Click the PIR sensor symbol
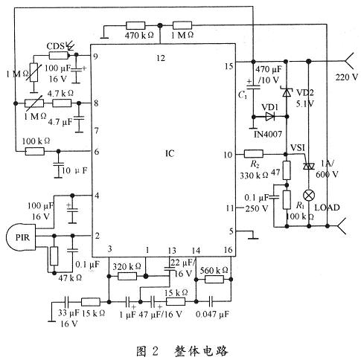(x=22, y=237)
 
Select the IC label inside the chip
(x=170, y=155)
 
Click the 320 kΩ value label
(x=134, y=264)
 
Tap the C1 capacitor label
(x=241, y=96)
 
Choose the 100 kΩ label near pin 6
(x=35, y=140)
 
